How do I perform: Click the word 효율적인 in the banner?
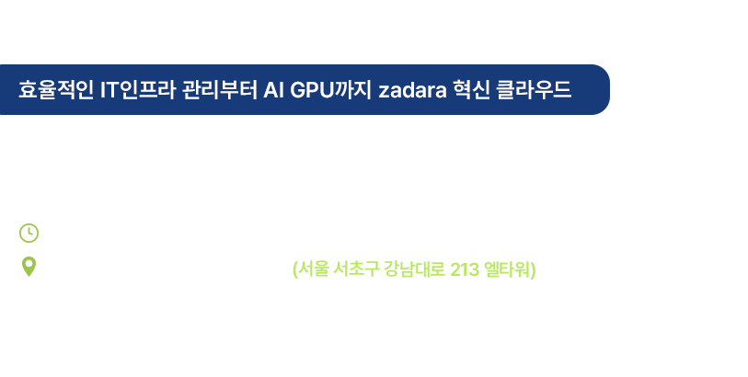[56, 89]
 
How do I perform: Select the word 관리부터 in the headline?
[220, 89]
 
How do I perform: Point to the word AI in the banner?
[273, 90]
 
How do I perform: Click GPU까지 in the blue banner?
[330, 89]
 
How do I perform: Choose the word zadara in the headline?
[412, 90]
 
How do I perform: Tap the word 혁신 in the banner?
[471, 89]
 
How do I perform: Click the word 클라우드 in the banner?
[534, 89]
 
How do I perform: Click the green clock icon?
[29, 233]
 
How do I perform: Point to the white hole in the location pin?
[29, 264]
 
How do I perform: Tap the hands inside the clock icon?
[30, 232]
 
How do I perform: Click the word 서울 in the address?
[313, 269]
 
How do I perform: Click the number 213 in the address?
[465, 269]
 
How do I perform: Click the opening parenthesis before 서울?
[294, 269]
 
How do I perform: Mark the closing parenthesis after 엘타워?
[534, 269]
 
